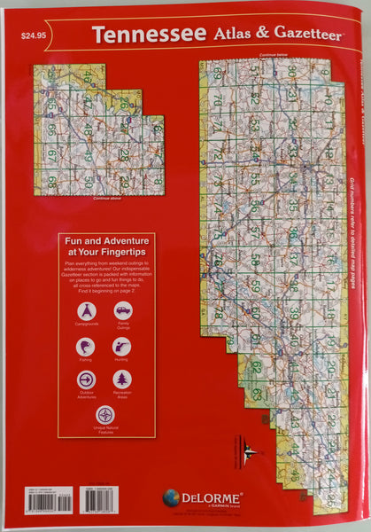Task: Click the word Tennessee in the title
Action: pyautogui.click(x=146, y=35)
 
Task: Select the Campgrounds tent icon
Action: pyautogui.click(x=87, y=311)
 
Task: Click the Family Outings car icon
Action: pyautogui.click(x=123, y=311)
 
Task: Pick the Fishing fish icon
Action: pyautogui.click(x=87, y=347)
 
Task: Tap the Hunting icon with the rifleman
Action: pyautogui.click(x=122, y=347)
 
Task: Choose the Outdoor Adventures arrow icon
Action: pyautogui.click(x=87, y=380)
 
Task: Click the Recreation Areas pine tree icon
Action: pyautogui.click(x=122, y=380)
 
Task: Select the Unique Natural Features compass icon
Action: pyautogui.click(x=104, y=414)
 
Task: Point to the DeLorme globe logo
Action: pyautogui.click(x=172, y=498)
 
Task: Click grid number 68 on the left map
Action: pyautogui.click(x=52, y=182)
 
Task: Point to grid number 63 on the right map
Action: pyautogui.click(x=257, y=393)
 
